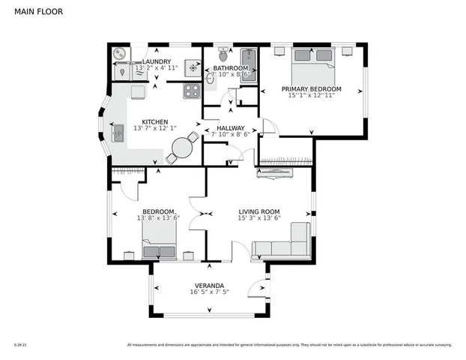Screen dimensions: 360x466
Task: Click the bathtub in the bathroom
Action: point(248,64)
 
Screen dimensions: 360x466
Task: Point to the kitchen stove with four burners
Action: point(192,91)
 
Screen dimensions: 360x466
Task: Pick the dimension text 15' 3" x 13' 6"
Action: point(258,218)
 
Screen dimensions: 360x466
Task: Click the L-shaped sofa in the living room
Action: point(285,244)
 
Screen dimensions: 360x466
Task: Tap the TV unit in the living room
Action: point(275,175)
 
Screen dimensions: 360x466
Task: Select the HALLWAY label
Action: point(231,128)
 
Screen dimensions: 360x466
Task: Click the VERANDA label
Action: point(209,286)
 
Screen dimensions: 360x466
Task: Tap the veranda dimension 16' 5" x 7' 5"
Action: point(209,293)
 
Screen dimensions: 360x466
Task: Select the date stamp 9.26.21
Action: point(19,345)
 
